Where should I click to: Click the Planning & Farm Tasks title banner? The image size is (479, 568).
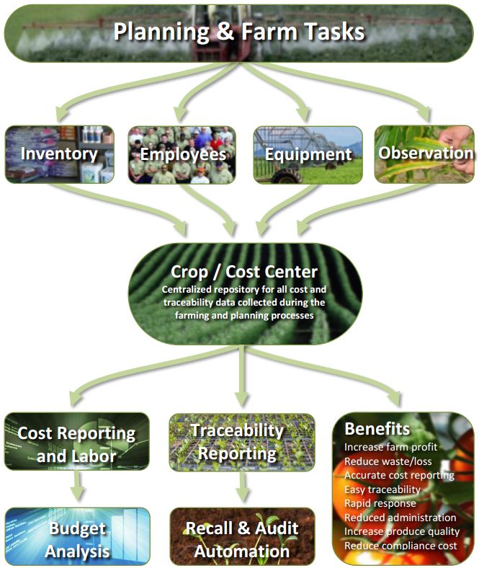(x=239, y=33)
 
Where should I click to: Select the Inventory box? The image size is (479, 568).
(x=60, y=154)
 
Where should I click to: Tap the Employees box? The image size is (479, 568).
(x=182, y=155)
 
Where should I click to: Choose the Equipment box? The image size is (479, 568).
(x=308, y=155)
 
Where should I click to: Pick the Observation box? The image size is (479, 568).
(x=424, y=154)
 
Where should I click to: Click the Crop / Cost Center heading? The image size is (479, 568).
(x=244, y=272)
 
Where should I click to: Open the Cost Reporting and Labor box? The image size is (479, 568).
(x=77, y=441)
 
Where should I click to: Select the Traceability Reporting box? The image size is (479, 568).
(x=242, y=443)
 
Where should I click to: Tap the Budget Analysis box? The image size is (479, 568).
(x=78, y=536)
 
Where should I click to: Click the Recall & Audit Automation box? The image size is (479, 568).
(x=242, y=536)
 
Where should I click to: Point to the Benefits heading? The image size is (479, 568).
(x=377, y=429)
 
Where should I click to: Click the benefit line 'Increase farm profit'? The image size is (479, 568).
(x=390, y=447)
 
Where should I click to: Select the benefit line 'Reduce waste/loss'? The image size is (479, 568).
(x=388, y=461)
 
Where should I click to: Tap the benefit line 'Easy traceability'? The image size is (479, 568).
(x=382, y=489)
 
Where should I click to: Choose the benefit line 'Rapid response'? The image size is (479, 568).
(x=380, y=504)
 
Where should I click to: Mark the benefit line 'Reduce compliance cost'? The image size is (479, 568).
(x=400, y=546)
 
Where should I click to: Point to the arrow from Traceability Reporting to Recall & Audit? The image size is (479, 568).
(x=244, y=487)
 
